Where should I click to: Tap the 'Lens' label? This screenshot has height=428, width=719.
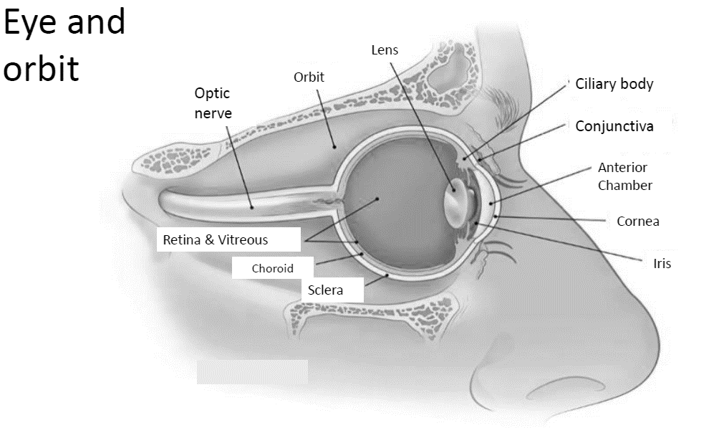[385, 50]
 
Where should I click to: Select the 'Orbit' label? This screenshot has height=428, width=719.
[309, 77]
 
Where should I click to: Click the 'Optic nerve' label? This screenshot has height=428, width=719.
[213, 103]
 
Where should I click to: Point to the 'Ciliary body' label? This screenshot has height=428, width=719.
[614, 84]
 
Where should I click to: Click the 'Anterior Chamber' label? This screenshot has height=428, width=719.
[624, 176]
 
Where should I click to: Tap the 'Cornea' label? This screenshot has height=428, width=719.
[637, 221]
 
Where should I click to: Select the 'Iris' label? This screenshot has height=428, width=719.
[662, 263]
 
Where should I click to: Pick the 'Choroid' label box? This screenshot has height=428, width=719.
[273, 269]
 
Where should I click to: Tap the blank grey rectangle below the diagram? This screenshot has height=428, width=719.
[252, 371]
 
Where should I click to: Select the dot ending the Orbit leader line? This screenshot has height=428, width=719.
[333, 146]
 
